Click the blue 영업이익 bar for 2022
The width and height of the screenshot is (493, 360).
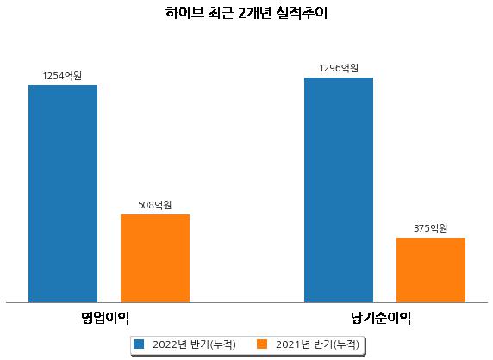tap(63, 194)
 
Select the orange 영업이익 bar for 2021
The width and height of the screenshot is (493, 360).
tap(155, 258)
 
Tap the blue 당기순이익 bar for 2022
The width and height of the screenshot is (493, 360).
tap(339, 190)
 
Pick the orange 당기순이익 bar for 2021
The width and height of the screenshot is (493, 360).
tap(431, 270)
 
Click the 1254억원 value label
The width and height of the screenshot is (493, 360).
tap(62, 76)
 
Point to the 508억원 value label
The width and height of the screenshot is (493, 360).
tap(155, 205)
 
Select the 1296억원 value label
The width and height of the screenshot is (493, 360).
tap(339, 68)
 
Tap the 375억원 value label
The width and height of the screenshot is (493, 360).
tap(430, 228)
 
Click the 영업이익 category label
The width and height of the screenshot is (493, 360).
tap(105, 318)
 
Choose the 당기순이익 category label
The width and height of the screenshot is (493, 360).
tap(381, 318)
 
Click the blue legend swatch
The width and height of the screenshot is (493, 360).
tap(139, 344)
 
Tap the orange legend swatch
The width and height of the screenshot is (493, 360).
tap(262, 344)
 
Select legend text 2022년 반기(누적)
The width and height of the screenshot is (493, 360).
tap(194, 344)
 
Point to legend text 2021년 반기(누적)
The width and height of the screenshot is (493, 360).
tap(317, 344)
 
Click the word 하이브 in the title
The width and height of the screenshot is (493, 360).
tap(184, 13)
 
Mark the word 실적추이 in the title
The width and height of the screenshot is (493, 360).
tap(302, 13)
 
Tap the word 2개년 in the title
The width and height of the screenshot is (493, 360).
tap(254, 13)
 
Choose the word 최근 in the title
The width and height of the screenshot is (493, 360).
tap(221, 13)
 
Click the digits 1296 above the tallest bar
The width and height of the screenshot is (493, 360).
tap(330, 68)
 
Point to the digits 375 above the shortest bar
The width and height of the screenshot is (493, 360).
tap(422, 228)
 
